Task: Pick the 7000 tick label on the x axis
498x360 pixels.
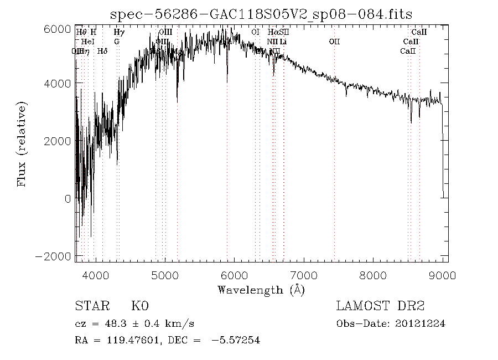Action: click(304, 275)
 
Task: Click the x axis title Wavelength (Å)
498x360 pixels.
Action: click(261, 290)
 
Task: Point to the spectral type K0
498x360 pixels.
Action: click(139, 306)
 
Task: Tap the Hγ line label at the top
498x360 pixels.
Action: click(118, 33)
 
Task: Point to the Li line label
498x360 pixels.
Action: click(283, 42)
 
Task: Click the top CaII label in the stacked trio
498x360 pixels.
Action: click(419, 33)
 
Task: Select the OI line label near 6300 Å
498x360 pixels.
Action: click(255, 33)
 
